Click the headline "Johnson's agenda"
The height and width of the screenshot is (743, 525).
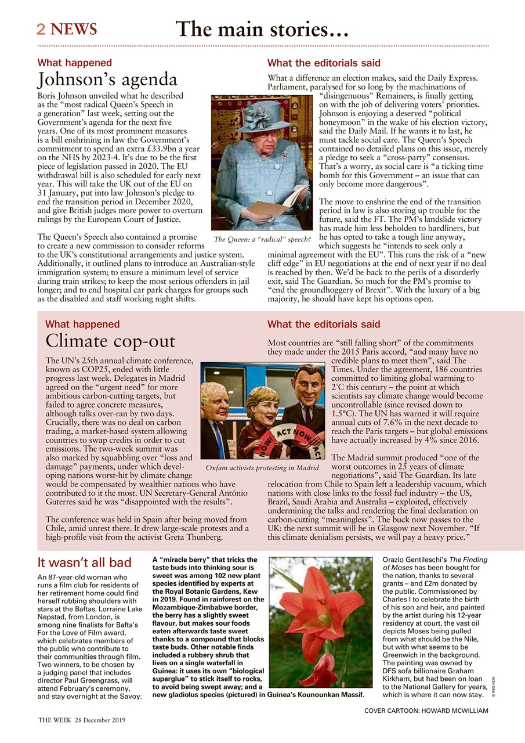[x=107, y=80]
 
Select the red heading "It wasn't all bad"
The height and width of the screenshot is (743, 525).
[x=85, y=562]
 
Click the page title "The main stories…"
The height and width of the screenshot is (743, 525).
[x=262, y=28]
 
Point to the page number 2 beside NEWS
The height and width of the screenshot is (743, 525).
[x=41, y=29]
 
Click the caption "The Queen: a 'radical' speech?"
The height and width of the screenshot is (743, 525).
[x=262, y=239]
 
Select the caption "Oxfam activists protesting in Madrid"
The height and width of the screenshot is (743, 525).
[x=262, y=467]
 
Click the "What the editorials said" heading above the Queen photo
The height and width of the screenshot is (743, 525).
[x=324, y=63]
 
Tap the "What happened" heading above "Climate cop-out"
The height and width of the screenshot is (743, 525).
[x=82, y=324]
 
